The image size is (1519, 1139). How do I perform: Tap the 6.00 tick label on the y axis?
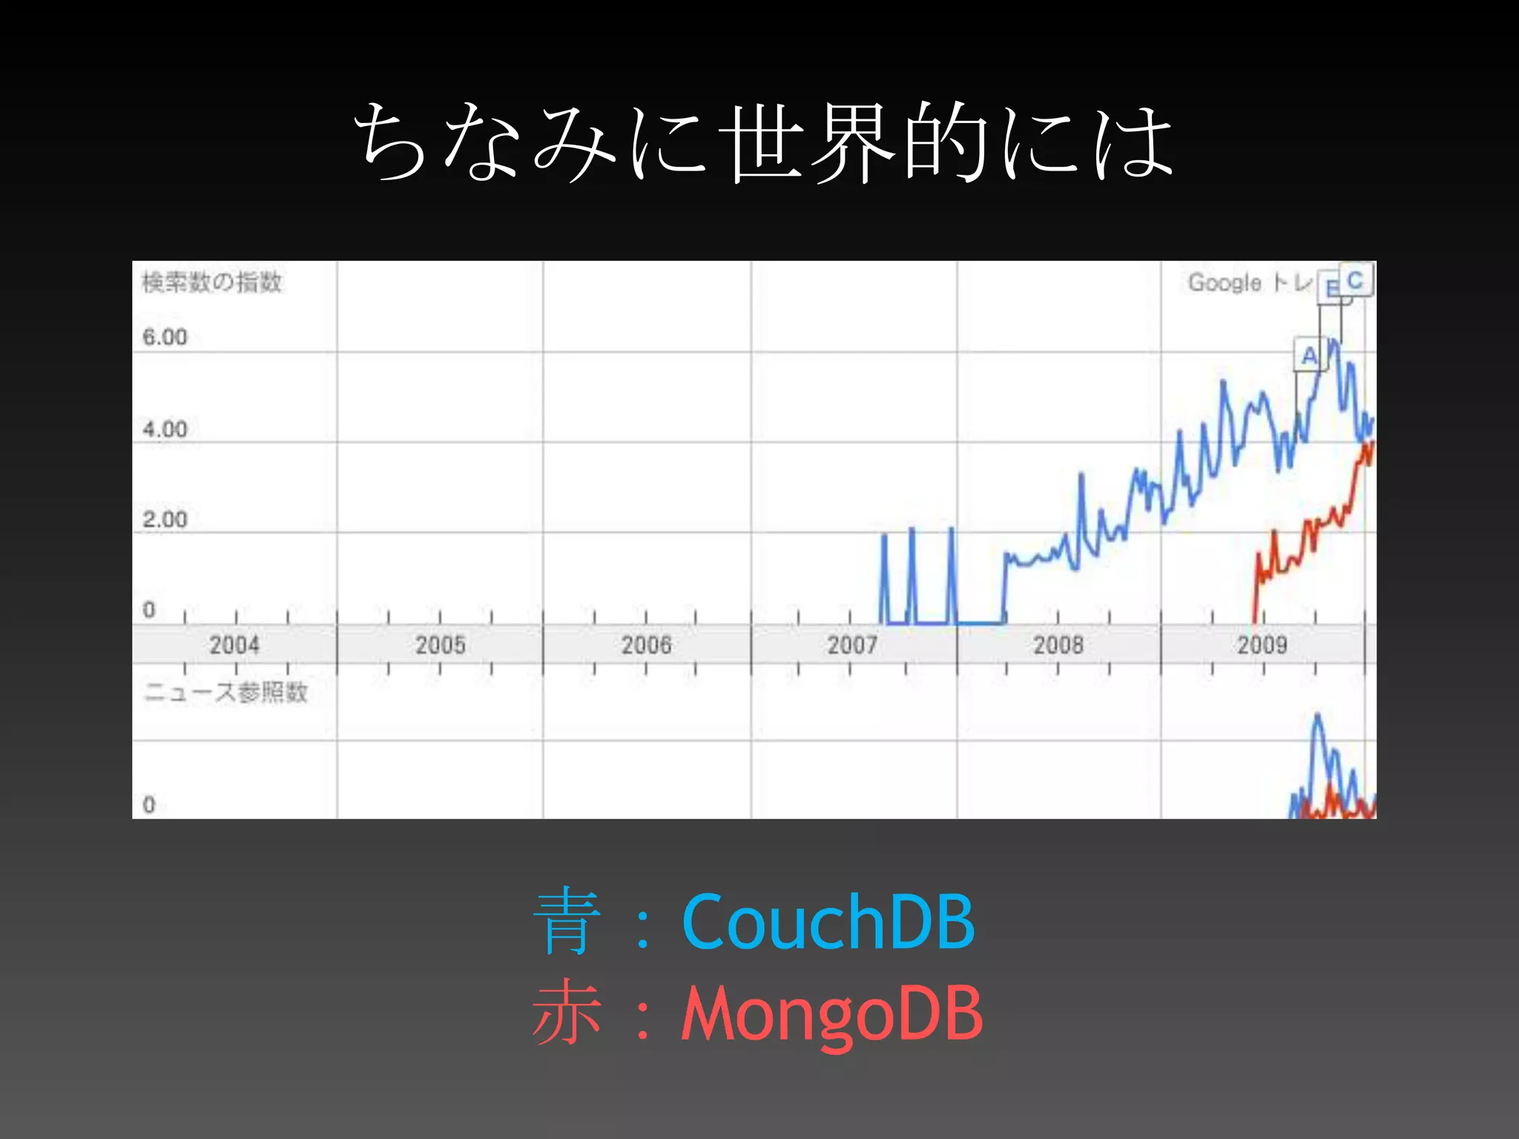165,337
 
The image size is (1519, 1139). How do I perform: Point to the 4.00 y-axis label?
165,429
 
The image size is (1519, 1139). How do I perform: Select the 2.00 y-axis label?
165,520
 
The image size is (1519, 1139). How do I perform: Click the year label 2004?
234,644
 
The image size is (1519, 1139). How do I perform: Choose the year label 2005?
440,644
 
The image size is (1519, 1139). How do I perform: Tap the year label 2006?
646,644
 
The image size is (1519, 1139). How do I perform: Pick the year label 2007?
852,644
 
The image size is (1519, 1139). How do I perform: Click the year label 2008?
1058,644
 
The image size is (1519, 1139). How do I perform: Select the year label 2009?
1262,644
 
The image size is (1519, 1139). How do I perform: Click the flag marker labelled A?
1309,355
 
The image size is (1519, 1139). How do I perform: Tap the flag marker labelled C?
1356,280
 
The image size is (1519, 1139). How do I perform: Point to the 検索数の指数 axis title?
212,283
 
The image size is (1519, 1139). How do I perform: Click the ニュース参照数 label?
225,693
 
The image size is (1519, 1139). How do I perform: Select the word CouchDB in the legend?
828,921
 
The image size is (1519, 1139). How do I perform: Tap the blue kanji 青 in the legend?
566,922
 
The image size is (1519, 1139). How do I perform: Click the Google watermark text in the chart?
1225,283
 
